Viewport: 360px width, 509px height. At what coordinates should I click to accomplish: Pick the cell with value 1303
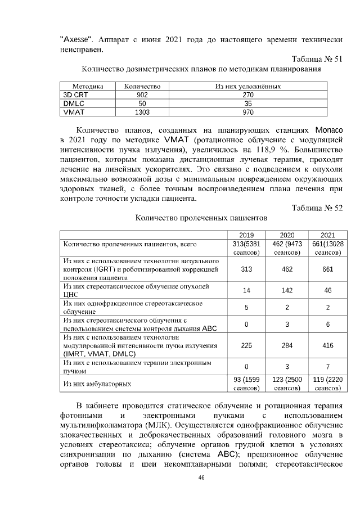(x=138, y=112)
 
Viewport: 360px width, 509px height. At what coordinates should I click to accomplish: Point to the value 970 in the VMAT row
(x=248, y=112)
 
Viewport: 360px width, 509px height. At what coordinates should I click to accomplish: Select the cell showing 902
(x=138, y=95)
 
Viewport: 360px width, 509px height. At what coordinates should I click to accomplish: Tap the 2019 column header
(x=246, y=235)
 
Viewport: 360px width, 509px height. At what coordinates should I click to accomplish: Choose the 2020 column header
(x=287, y=235)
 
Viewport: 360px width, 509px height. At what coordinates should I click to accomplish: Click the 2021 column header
(x=327, y=235)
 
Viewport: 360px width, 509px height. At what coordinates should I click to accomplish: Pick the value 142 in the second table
(x=287, y=291)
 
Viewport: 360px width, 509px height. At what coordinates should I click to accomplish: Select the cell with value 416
(x=327, y=346)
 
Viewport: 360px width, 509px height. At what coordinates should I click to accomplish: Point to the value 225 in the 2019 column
(x=246, y=346)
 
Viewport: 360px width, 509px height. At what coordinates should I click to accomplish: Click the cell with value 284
(x=287, y=346)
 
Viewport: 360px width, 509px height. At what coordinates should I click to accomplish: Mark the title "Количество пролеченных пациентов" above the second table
(x=200, y=218)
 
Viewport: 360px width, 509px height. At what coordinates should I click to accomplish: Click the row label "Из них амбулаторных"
(x=98, y=384)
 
